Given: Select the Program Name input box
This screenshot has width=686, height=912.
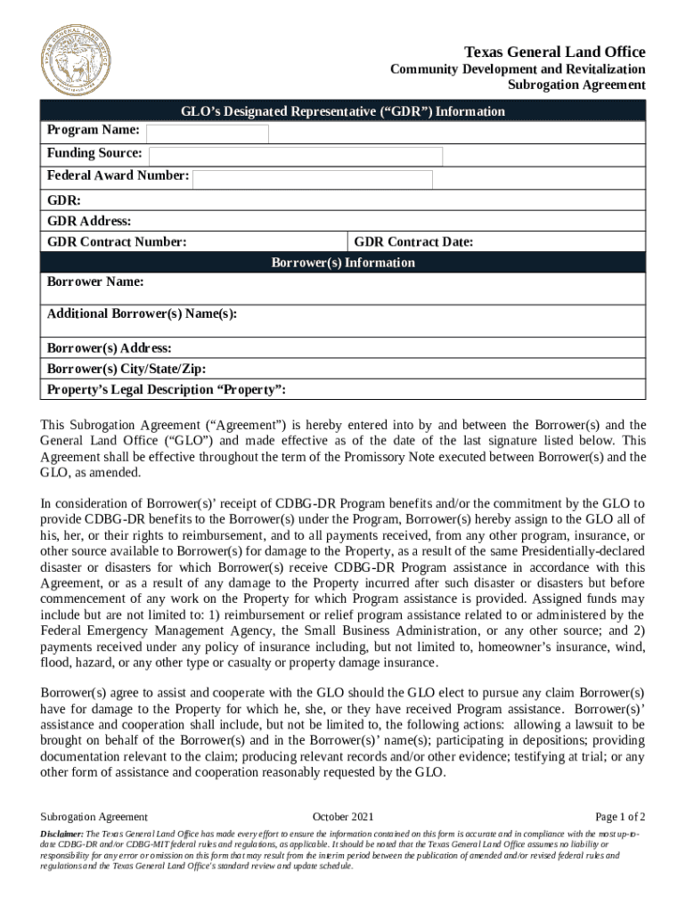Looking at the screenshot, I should pos(208,134).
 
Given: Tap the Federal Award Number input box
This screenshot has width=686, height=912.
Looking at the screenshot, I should pos(313,179).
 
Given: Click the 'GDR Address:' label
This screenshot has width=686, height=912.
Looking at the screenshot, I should pos(89,221).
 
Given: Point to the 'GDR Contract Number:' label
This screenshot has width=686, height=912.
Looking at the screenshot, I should pos(117,242).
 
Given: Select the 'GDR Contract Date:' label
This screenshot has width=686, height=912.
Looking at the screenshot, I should pos(413,242).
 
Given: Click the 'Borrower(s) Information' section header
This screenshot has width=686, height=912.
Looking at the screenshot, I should pos(343,263).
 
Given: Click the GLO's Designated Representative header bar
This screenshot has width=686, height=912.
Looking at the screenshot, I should pos(343,111).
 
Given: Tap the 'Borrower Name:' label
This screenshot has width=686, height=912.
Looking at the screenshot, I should pos(95,282).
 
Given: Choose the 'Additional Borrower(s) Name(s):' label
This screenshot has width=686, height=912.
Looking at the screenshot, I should pos(142,313).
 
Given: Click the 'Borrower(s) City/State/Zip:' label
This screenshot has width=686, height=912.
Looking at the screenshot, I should pos(127,369).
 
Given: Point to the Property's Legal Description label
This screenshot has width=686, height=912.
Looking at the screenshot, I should pos(167,390).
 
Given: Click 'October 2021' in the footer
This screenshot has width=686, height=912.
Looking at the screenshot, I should pos(343,817).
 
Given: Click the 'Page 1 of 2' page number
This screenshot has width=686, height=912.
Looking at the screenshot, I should pos(620,817).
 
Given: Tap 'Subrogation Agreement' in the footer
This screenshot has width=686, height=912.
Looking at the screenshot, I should pos(94,817).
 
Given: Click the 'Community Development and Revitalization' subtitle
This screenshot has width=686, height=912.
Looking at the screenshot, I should pos(519,69).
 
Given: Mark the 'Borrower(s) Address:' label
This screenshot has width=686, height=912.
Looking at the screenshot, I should pos(109,348).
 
